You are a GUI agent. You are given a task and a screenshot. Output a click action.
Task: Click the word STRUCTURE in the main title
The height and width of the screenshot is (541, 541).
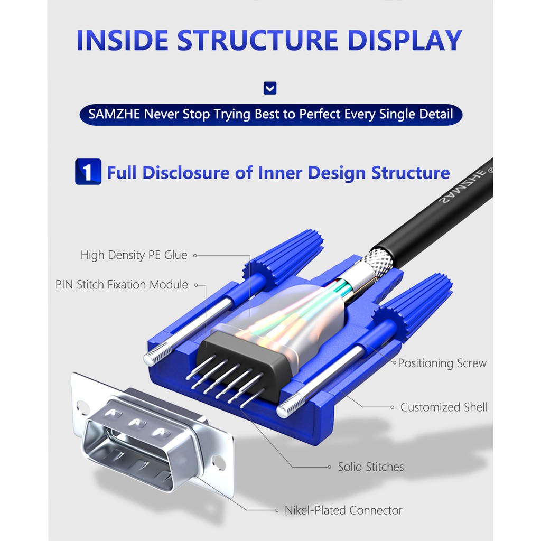coord(257,40)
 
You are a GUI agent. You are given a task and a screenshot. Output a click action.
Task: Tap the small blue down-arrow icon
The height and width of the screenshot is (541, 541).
coord(270,88)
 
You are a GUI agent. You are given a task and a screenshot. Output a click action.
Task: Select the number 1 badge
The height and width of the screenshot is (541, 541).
coord(88,172)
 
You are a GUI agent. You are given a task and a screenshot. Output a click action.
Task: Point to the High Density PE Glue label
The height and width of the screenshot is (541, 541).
coord(134,255)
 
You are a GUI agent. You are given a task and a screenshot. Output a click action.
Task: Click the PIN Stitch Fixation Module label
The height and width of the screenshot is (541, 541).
coord(122,285)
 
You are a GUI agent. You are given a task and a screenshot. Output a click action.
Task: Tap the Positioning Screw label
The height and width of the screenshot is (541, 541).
coord(442,363)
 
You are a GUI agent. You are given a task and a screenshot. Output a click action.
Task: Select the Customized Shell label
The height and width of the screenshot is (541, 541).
coord(443,407)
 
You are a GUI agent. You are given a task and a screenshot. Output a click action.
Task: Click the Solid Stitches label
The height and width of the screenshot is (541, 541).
coord(370,467)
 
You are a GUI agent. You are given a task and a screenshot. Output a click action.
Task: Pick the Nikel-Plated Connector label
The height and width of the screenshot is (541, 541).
coord(343,510)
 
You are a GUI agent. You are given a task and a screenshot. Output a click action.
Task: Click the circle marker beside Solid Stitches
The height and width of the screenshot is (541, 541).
coord(330,467)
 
